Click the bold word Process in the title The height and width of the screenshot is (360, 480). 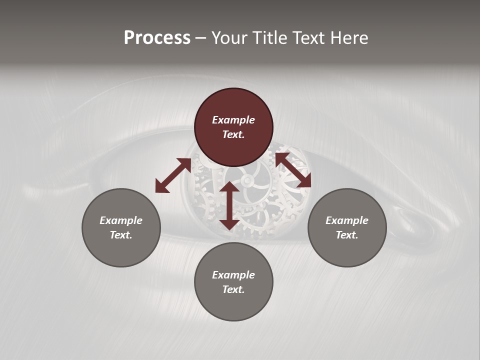pyautogui.click(x=157, y=38)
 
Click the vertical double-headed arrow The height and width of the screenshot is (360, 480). pyautogui.click(x=229, y=205)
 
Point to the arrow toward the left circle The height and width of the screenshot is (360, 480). pyautogui.click(x=172, y=175)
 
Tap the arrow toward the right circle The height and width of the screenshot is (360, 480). pyautogui.click(x=293, y=170)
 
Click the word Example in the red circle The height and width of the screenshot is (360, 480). pyautogui.click(x=233, y=120)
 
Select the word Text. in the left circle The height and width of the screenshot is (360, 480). pyautogui.click(x=121, y=235)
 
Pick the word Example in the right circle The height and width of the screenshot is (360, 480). pyautogui.click(x=347, y=220)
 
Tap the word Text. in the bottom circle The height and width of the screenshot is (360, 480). pyautogui.click(x=233, y=289)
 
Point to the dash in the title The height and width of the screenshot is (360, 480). pyautogui.click(x=200, y=38)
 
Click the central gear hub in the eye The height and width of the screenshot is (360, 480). pyautogui.click(x=246, y=180)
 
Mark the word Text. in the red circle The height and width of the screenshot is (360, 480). pyautogui.click(x=233, y=134)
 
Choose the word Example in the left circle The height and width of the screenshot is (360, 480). pyautogui.click(x=121, y=220)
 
